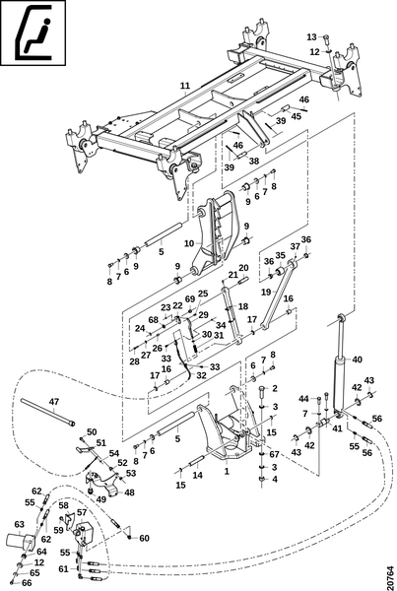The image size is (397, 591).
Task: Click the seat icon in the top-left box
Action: point(33,33)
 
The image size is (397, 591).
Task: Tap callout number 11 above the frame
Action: point(185,86)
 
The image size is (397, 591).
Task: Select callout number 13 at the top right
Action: point(312,37)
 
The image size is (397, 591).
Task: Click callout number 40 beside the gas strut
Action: point(357,360)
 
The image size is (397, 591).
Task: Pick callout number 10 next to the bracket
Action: point(189,243)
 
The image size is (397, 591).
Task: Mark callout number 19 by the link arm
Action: point(267,292)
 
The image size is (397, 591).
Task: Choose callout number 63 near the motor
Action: point(20,524)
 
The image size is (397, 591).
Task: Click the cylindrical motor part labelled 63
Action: point(20,541)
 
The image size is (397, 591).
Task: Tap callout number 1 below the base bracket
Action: point(227,471)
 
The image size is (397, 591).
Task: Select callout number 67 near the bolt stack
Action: point(274,454)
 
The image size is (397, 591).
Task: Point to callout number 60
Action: point(145,538)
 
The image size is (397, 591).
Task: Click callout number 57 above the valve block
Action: point(82,512)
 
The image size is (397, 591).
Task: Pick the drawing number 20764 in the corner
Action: point(390,575)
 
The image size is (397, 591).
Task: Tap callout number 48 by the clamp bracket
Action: point(129,492)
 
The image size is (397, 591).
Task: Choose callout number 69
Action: point(190,298)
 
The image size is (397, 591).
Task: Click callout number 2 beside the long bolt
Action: point(275,388)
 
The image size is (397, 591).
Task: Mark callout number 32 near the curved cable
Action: point(201,375)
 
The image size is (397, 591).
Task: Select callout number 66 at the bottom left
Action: point(27,583)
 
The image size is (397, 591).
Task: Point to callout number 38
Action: point(254,161)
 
